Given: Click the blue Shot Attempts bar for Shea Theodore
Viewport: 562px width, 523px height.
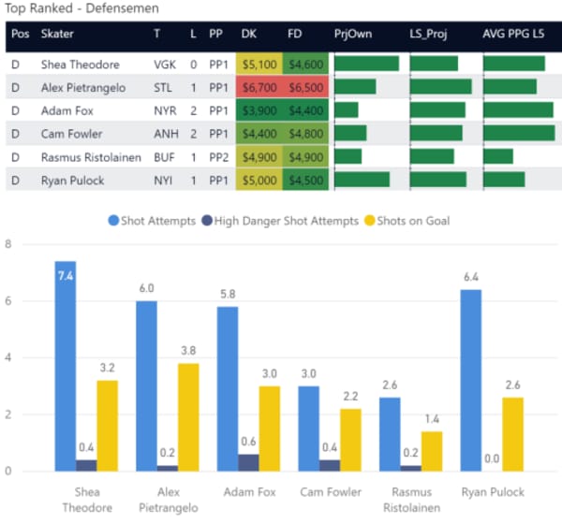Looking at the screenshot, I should tap(66, 365).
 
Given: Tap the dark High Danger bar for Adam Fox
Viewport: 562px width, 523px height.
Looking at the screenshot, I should tap(250, 462).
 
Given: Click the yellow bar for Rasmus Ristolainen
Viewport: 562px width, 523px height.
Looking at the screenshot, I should tap(431, 450).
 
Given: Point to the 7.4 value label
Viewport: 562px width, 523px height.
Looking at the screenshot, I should tap(66, 278).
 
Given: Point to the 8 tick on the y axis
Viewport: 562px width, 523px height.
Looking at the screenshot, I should tap(8, 244).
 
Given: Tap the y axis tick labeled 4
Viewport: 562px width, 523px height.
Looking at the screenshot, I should tap(8, 357).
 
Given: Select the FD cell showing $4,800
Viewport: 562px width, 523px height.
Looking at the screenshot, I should tap(307, 133).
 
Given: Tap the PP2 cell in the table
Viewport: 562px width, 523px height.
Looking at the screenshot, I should tap(219, 156).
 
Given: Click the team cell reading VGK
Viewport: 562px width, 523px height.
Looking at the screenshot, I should tap(165, 65).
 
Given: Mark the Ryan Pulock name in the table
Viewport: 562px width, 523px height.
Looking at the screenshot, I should tap(73, 180).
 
